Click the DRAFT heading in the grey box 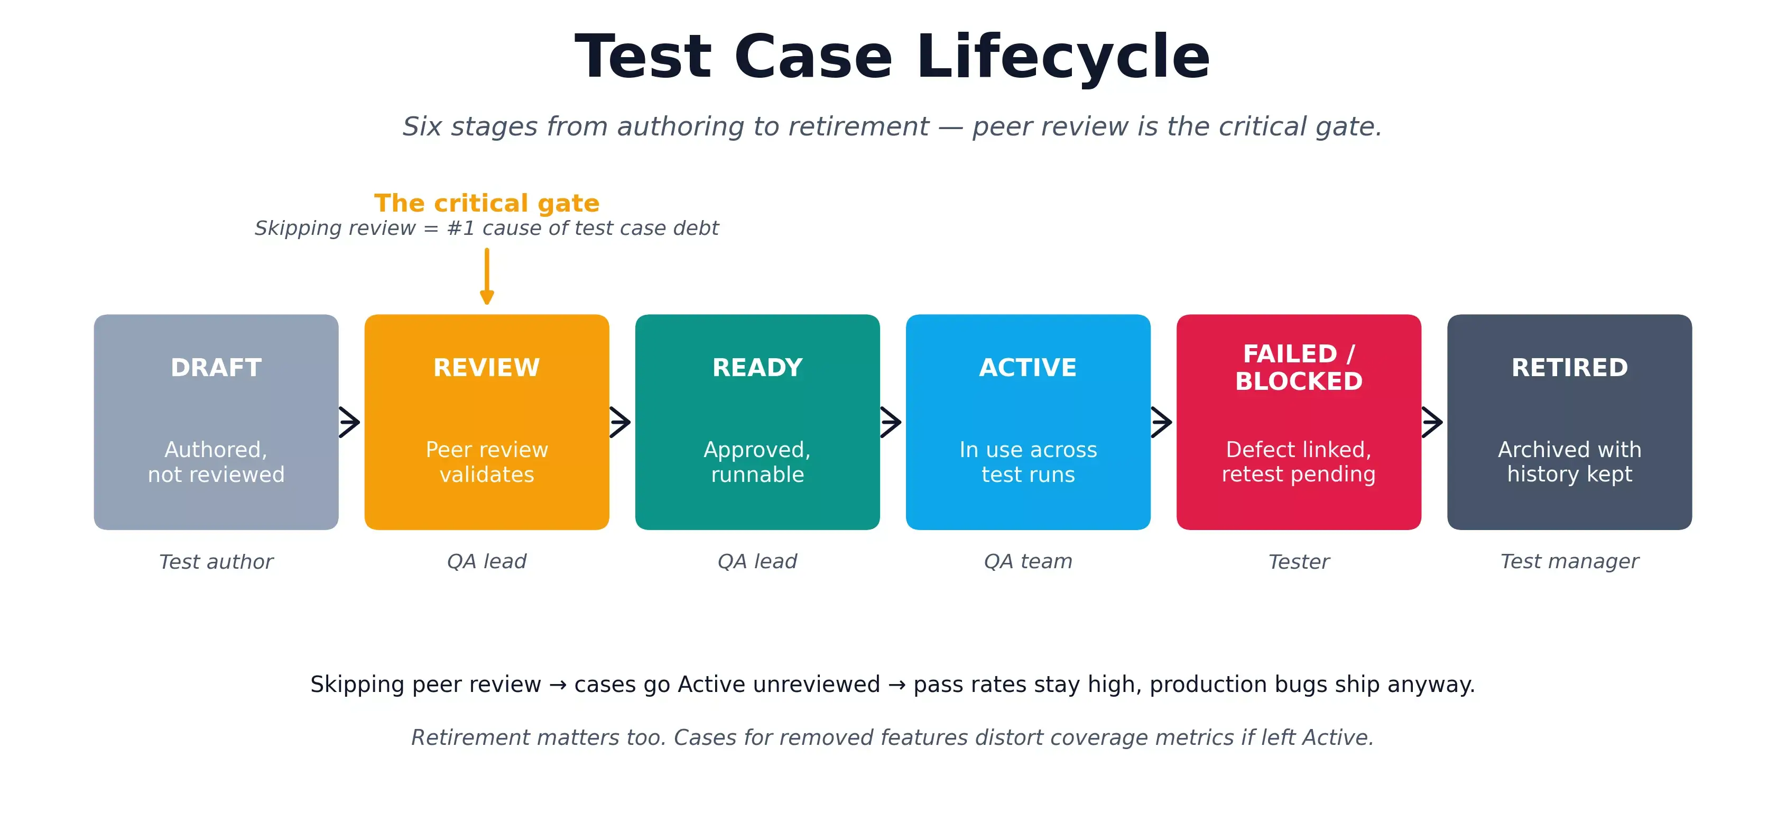tap(216, 367)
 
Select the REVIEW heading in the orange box tap(486, 367)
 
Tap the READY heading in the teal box tap(757, 367)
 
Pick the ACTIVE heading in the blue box tap(1028, 367)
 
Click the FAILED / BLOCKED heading tap(1299, 367)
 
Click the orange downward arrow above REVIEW tap(487, 278)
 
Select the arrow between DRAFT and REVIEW tap(350, 422)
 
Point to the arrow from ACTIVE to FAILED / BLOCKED tap(1162, 422)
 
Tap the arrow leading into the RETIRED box tap(1432, 422)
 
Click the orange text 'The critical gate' tap(487, 203)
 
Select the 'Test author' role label tap(216, 561)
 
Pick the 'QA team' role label tap(1028, 561)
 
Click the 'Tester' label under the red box tap(1299, 561)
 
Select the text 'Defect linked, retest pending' tap(1299, 461)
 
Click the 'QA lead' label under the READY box tap(757, 561)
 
